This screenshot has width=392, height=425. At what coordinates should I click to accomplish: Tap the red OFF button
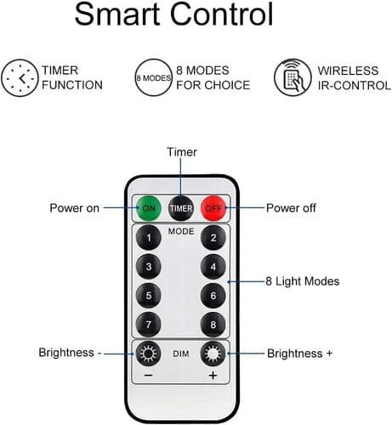coord(213,208)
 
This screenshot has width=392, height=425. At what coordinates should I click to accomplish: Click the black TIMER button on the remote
coord(181,208)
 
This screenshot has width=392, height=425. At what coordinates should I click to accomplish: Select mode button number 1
coord(149,237)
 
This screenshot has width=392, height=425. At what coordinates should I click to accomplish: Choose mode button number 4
coord(213,267)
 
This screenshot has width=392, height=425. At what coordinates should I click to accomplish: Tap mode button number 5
coord(149,296)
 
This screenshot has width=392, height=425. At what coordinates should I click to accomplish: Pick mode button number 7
coord(149,325)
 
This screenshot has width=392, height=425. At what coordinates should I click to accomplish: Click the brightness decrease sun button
coord(149,354)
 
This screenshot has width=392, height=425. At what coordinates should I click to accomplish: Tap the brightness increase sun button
coord(213,354)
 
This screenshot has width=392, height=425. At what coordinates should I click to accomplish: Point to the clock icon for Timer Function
coord(20,78)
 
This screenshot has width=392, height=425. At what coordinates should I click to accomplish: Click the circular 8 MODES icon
coord(154,77)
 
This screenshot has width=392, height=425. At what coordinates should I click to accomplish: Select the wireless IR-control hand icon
coord(293,77)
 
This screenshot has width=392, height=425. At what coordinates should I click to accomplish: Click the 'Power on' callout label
coord(75,208)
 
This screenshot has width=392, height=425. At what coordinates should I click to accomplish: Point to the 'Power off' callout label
coord(291,208)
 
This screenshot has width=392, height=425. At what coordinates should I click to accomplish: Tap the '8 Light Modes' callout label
coord(303,281)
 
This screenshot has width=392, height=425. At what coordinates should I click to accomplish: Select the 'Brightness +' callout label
coord(299,354)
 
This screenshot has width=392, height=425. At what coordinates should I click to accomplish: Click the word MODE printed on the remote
coord(181,231)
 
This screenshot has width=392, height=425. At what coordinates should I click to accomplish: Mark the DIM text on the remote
coord(181,354)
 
